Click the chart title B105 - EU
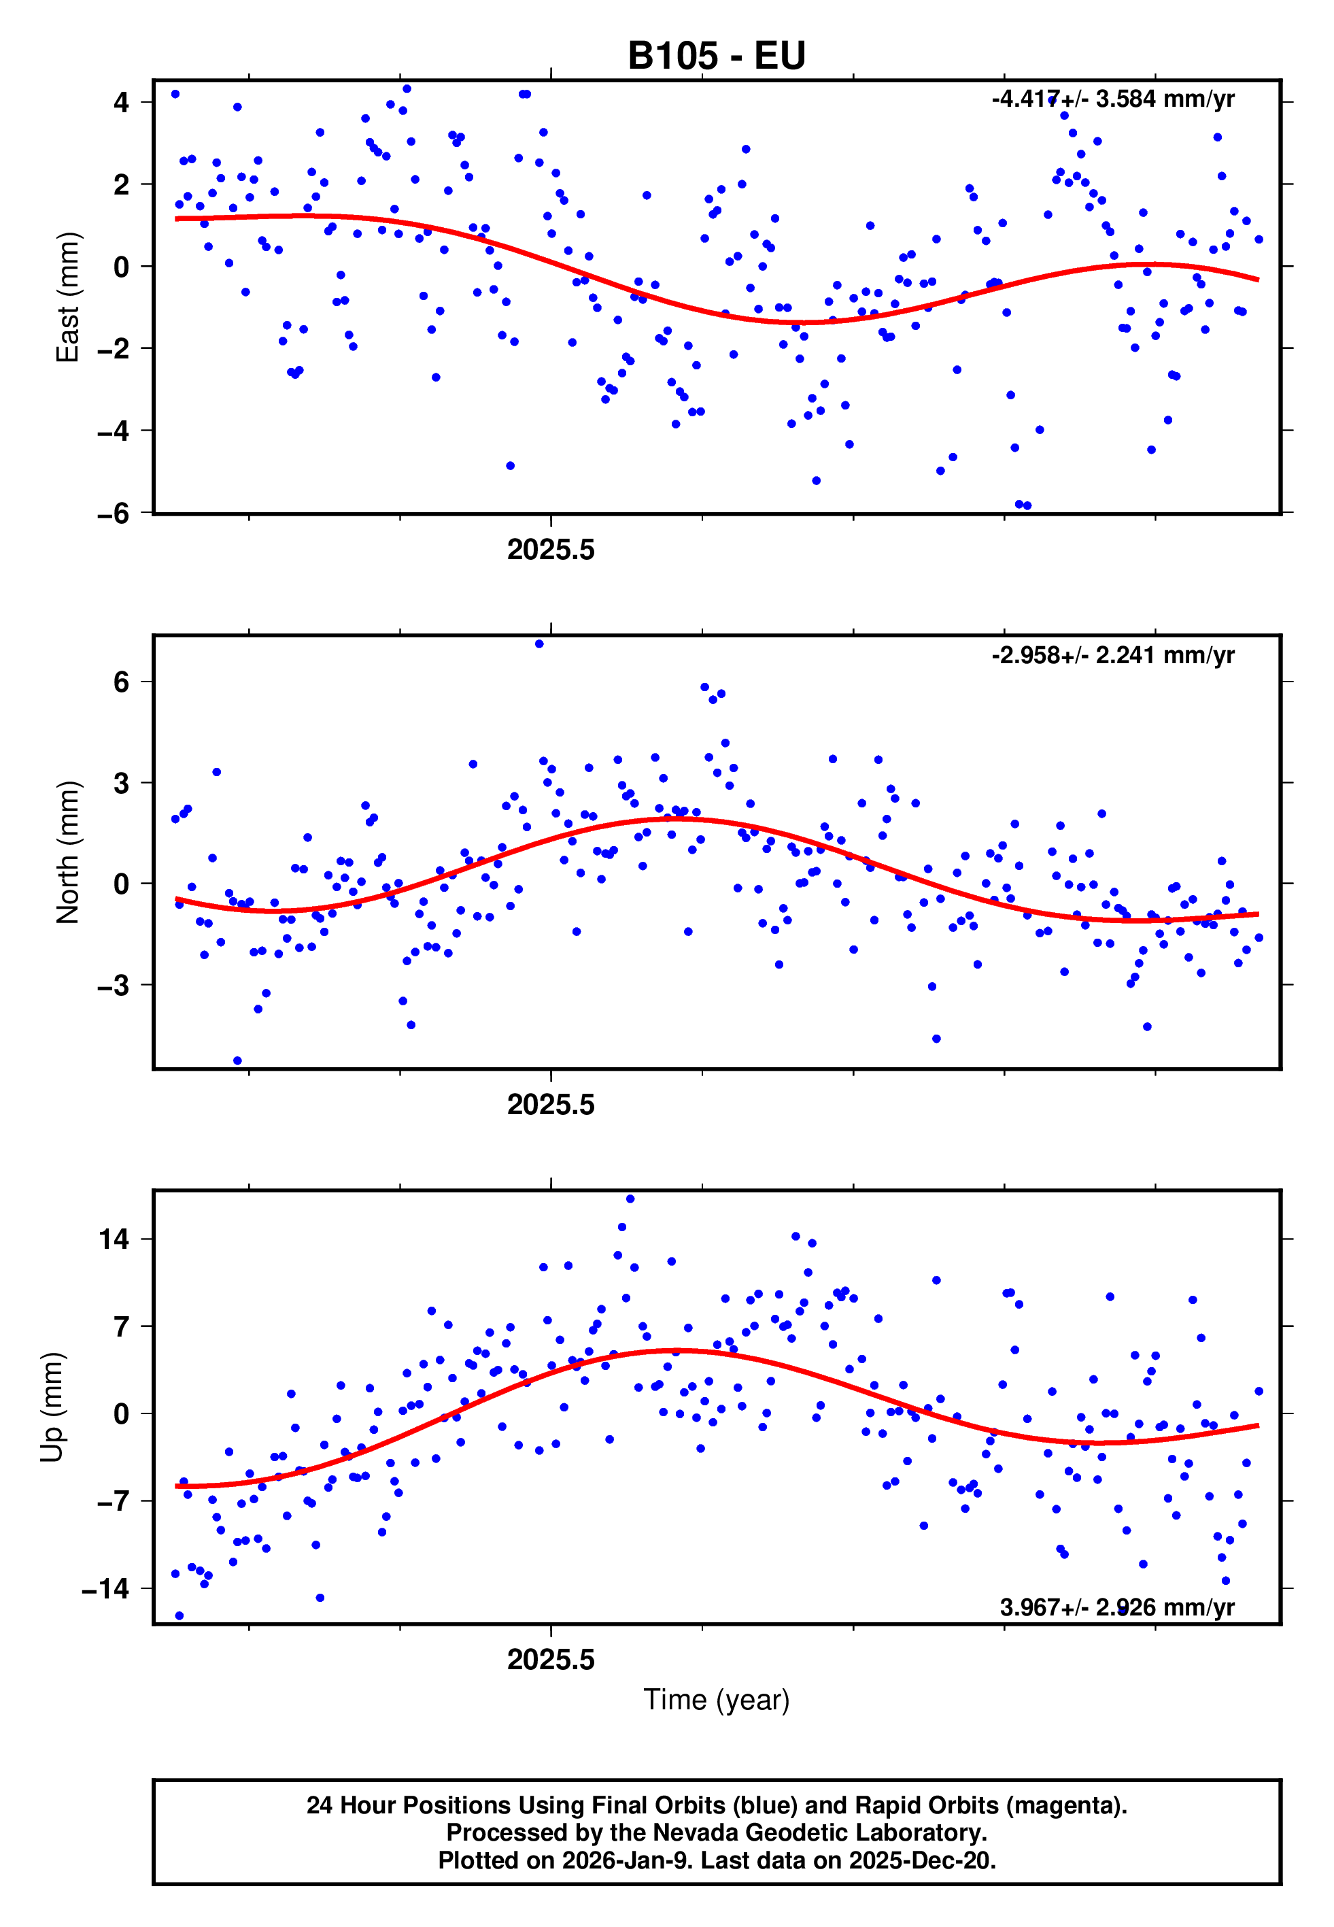click(x=717, y=56)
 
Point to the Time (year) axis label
click(x=717, y=1700)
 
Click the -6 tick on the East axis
click(x=114, y=514)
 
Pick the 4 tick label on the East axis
click(x=122, y=103)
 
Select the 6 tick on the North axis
click(x=122, y=682)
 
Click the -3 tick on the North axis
click(x=114, y=986)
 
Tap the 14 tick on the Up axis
click(x=114, y=1239)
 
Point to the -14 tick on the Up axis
click(x=106, y=1588)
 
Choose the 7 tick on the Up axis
click(x=122, y=1327)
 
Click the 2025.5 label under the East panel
click(x=551, y=550)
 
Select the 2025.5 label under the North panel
click(x=551, y=1105)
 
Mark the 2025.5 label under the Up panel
click(x=551, y=1660)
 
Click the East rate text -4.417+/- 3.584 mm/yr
click(x=1112, y=99)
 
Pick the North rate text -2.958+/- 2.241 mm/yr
click(x=1112, y=656)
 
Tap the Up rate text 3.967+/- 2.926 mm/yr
click(x=1116, y=1607)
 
